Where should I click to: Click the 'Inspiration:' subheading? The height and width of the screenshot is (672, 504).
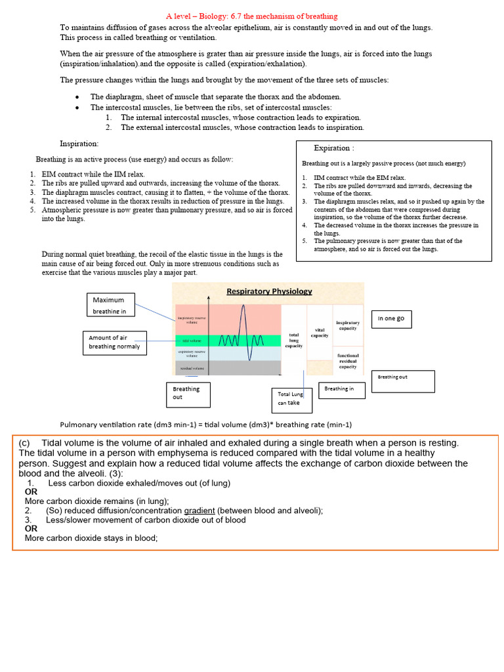point(79,143)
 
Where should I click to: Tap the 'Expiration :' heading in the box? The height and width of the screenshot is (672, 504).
point(334,148)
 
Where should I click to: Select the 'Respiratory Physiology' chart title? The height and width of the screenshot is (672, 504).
point(269,291)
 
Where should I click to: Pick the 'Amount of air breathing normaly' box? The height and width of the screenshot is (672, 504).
point(114,342)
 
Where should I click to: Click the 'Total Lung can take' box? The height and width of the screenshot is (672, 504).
point(290,398)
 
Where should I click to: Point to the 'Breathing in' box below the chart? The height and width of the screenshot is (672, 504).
point(339,388)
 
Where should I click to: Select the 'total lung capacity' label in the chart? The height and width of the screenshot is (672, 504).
point(293,340)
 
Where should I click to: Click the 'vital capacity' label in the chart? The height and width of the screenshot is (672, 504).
point(320,332)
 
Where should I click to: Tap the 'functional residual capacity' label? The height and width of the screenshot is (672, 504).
point(348,361)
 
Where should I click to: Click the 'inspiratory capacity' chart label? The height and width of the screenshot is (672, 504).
point(348,325)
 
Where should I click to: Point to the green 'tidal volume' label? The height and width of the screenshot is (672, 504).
point(191,341)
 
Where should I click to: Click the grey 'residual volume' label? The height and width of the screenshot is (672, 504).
point(191,369)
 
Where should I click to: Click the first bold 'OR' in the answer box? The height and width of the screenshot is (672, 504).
point(31,492)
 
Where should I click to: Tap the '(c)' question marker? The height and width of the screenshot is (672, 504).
point(25,443)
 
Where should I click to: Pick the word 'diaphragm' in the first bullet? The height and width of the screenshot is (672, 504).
point(119,96)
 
